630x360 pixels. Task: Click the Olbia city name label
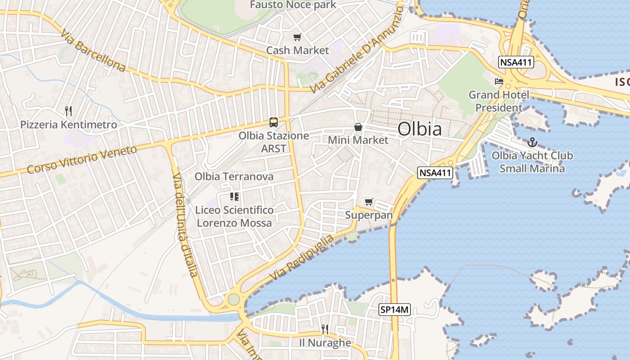point(419,129)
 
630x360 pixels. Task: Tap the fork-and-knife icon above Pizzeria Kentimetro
point(68,111)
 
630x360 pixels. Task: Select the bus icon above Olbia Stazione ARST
point(274,122)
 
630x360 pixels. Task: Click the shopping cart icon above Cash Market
point(297,37)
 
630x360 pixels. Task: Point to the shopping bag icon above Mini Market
point(358,127)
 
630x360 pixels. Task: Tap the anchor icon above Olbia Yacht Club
point(532,143)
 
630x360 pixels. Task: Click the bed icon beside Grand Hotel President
point(499,81)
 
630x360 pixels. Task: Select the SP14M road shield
point(395,310)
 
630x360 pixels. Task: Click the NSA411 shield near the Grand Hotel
point(516,63)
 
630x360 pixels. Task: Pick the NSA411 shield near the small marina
point(435,172)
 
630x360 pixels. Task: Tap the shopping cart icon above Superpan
point(369,202)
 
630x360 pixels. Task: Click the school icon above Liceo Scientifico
point(234,196)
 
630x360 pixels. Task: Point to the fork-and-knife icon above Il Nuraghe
point(325,329)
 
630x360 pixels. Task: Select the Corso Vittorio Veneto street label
point(81,159)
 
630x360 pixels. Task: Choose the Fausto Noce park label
point(293,5)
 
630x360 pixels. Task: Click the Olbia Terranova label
point(234,176)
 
